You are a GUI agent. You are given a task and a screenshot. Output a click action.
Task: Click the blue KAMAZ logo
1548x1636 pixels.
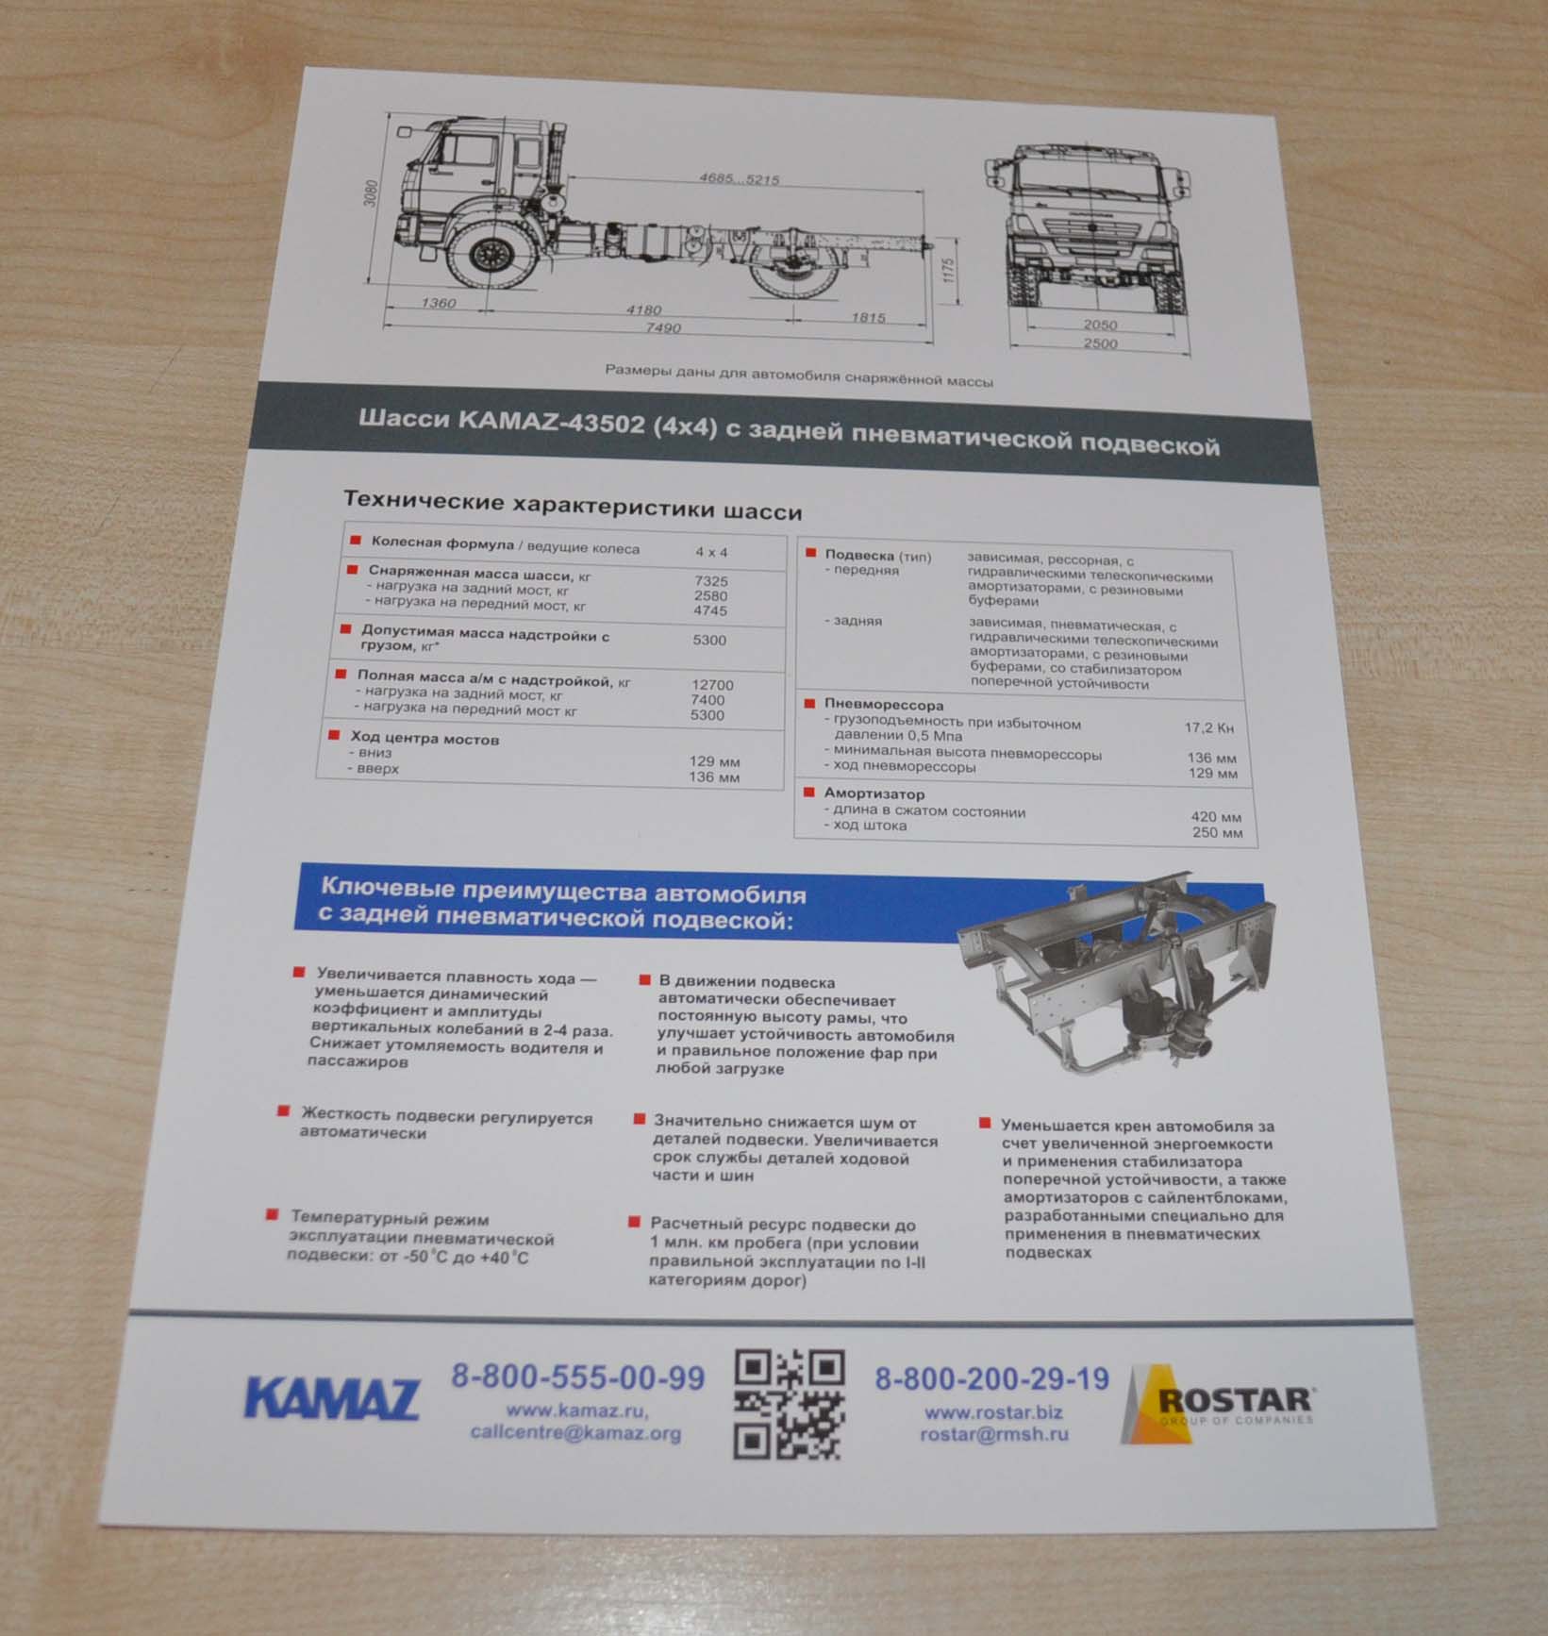(x=331, y=1398)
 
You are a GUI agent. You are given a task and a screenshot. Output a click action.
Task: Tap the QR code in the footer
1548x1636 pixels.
(x=789, y=1404)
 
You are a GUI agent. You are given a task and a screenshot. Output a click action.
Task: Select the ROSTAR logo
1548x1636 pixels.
(x=1219, y=1405)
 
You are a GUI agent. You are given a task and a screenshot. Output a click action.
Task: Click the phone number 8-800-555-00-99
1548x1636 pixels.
(x=577, y=1377)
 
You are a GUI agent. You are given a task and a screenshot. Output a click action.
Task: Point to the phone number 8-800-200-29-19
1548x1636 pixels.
(x=991, y=1379)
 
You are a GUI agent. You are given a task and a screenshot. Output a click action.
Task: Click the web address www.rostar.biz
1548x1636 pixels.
(x=993, y=1412)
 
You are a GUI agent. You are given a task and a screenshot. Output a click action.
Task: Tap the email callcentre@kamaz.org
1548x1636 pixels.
(x=575, y=1432)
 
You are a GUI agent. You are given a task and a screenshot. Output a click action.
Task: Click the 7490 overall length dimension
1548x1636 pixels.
(x=663, y=327)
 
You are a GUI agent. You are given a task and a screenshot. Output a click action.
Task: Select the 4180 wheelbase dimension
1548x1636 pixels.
(x=643, y=309)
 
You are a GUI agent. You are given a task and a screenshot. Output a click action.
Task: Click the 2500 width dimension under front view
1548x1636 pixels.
(x=1100, y=343)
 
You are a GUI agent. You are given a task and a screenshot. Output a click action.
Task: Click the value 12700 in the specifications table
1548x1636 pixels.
(x=711, y=685)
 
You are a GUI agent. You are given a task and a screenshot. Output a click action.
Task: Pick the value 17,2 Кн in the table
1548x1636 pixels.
(x=1208, y=727)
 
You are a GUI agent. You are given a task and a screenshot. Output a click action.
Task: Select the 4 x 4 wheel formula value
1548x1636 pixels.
(x=711, y=552)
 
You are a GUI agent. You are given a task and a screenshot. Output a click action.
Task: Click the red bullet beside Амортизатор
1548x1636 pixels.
(x=809, y=793)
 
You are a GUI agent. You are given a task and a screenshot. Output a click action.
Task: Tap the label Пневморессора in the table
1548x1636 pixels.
(x=883, y=704)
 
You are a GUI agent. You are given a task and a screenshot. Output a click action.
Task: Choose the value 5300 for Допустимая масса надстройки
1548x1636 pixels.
(x=709, y=640)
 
